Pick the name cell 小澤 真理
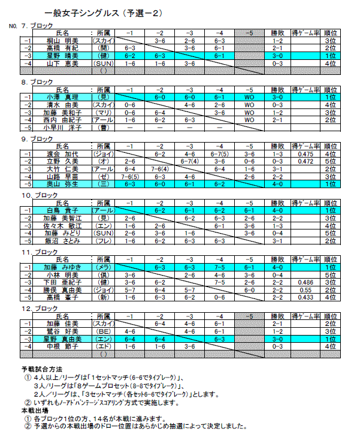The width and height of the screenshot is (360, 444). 62,96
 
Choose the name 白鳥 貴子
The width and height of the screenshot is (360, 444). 62,210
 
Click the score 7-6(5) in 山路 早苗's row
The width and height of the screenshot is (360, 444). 129,176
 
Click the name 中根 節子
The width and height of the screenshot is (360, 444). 62,346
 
